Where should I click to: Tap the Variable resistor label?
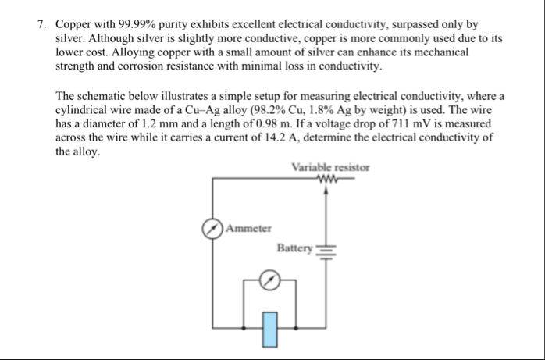(x=330, y=167)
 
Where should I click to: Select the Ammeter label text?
(x=249, y=229)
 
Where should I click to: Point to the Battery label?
(x=294, y=248)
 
